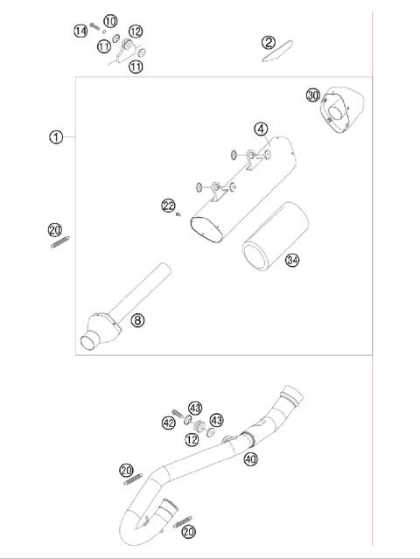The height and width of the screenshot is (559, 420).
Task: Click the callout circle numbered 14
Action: pos(80,31)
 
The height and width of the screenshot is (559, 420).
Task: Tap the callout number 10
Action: pos(109,20)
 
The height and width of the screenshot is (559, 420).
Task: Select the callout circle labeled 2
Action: pos(269,42)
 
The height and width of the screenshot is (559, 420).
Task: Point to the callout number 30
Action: pos(312,95)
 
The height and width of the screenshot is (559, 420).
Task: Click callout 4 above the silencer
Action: pos(261,129)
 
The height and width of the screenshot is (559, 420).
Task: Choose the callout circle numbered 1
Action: pos(56,137)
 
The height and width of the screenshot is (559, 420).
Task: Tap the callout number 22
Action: pos(168,206)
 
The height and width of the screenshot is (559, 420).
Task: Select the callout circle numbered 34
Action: pos(291,259)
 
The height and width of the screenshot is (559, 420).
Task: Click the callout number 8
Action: pos(137,319)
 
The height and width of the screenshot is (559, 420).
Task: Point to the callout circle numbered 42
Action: pos(169,423)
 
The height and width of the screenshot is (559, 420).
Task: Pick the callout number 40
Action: pos(250,458)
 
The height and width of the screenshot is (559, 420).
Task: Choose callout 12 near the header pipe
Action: pos(192,438)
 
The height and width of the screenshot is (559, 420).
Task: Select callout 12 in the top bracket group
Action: pos(135,31)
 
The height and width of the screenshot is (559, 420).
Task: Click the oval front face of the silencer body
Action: pos(207,230)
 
